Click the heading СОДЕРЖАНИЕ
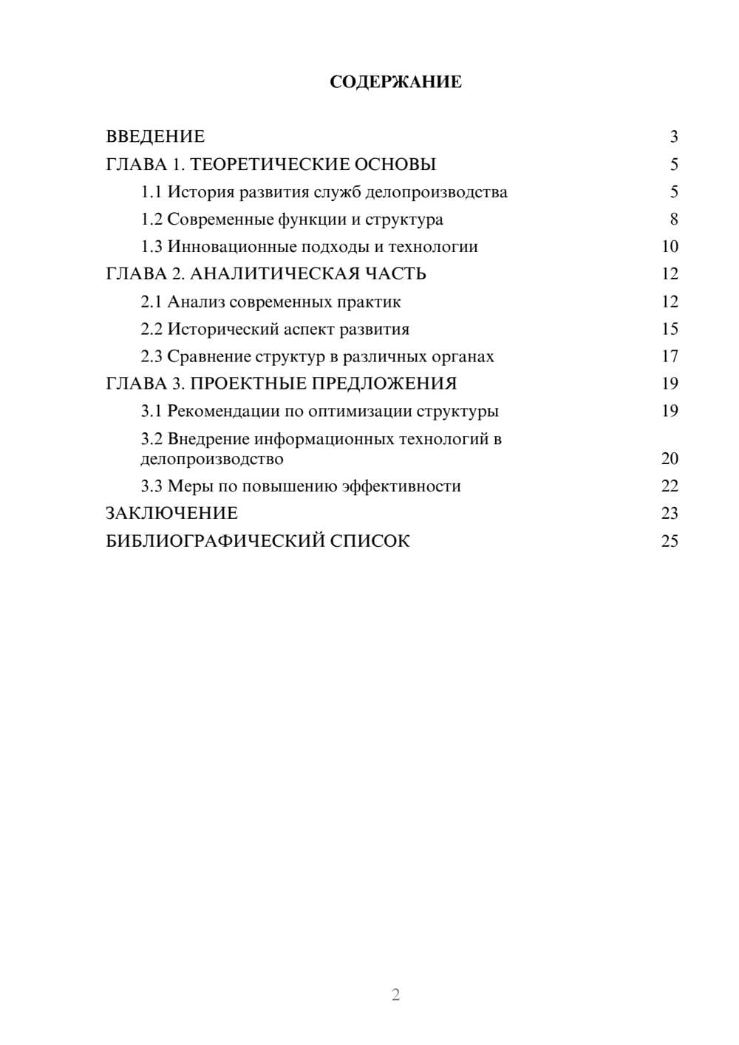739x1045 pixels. click(x=395, y=82)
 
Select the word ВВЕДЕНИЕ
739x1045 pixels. click(x=155, y=137)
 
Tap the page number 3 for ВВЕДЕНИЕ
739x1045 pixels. click(x=673, y=137)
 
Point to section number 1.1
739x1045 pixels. click(x=151, y=192)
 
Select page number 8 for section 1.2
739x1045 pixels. click(x=673, y=219)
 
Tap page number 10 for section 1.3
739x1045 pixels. click(x=670, y=247)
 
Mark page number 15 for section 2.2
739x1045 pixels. click(x=670, y=329)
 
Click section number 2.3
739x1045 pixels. click(x=151, y=357)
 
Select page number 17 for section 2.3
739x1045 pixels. click(x=670, y=357)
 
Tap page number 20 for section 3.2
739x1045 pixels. click(x=670, y=459)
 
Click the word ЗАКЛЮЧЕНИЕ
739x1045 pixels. click(x=171, y=513)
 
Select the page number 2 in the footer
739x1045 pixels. click(x=395, y=995)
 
